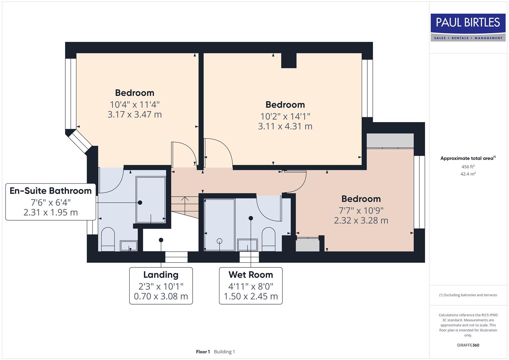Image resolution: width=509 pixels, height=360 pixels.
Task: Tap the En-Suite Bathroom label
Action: click(x=51, y=191)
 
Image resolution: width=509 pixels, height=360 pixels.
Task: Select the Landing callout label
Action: click(x=161, y=275)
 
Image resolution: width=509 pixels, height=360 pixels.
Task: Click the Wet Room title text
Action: click(x=251, y=275)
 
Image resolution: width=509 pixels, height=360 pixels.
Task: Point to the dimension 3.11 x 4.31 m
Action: click(x=285, y=126)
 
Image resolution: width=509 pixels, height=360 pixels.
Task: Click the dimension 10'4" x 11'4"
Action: click(x=135, y=105)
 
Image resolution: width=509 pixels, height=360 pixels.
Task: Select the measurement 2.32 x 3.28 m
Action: click(x=361, y=221)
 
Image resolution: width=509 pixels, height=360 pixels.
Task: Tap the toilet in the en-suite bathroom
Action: click(x=107, y=239)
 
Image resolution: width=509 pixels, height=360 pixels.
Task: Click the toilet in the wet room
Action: click(x=268, y=239)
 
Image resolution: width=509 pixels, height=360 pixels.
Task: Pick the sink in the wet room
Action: click(x=247, y=245)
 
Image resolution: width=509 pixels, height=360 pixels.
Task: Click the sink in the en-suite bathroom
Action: click(x=129, y=246)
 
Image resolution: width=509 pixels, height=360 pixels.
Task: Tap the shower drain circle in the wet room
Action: click(x=219, y=241)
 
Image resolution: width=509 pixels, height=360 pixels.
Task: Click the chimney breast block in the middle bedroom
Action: click(x=289, y=60)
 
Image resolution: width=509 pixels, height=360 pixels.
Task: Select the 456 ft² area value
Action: click(x=468, y=167)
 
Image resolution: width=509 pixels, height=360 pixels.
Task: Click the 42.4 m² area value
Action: click(x=468, y=174)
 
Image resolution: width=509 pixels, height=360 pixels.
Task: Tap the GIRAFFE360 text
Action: click(x=468, y=345)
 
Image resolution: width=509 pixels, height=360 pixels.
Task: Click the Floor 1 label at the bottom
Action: click(x=203, y=352)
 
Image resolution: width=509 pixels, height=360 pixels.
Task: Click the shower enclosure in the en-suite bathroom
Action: click(x=151, y=199)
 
